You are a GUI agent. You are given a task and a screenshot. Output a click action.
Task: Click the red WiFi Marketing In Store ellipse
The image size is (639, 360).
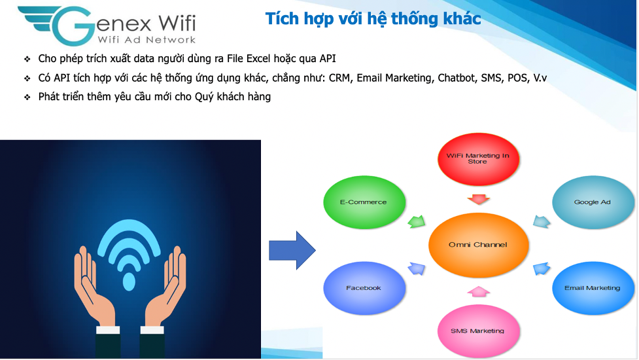478,159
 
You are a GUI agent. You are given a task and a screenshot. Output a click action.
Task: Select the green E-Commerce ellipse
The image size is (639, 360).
364,202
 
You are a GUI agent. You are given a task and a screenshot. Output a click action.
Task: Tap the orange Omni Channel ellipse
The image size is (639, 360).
479,245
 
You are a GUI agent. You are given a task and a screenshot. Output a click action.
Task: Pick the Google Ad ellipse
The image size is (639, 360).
593,202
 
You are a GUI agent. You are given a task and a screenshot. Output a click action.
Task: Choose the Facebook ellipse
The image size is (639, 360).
364,288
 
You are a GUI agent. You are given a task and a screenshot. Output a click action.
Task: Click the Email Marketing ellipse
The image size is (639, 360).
593,288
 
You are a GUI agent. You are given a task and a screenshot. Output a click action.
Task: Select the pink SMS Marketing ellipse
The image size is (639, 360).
478,331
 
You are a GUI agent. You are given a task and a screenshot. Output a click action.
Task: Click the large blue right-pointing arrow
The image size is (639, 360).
292,250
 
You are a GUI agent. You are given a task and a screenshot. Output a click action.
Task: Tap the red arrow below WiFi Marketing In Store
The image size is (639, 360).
479,199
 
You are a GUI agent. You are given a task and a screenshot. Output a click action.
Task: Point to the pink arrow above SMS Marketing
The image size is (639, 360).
479,291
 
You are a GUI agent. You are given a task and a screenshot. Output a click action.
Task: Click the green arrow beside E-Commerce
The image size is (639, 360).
417,221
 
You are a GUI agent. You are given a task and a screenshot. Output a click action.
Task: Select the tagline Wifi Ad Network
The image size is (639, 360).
147,39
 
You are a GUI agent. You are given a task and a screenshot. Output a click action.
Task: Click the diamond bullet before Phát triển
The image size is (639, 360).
27,98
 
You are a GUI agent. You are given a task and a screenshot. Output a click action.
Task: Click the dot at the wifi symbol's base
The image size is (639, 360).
130,281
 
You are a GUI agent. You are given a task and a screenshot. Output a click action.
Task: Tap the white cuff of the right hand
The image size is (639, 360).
152,330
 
